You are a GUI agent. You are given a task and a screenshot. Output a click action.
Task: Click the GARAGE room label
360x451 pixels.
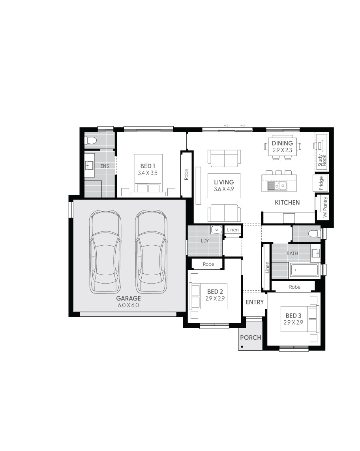(129, 298)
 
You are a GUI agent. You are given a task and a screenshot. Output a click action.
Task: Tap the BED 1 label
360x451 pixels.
(148, 166)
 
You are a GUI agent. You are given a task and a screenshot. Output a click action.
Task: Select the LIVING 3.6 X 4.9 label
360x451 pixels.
(224, 186)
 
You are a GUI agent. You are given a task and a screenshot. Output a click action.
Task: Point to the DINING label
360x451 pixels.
(282, 143)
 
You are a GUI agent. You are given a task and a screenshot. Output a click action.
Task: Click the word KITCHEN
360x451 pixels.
(287, 203)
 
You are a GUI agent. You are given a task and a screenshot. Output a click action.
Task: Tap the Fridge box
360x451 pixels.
(321, 183)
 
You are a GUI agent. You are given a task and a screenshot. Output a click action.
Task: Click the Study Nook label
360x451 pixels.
(322, 160)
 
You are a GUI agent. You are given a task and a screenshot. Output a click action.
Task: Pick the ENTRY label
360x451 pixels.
(255, 302)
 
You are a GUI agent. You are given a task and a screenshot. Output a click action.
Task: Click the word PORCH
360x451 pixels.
(251, 338)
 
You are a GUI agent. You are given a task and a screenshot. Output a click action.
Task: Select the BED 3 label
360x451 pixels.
(293, 316)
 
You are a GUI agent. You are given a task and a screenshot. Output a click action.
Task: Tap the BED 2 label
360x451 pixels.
(215, 292)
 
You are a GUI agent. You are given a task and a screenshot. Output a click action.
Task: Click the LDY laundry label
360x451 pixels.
(205, 241)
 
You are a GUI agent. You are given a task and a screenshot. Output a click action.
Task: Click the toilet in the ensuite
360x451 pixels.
(90, 141)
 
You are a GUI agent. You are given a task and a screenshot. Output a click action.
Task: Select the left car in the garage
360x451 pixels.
(105, 252)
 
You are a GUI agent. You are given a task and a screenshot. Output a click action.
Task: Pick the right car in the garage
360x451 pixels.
(151, 252)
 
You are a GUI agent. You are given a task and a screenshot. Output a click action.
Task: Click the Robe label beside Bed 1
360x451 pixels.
(186, 174)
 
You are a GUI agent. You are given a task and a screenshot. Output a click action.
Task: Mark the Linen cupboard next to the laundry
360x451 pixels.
(232, 230)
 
